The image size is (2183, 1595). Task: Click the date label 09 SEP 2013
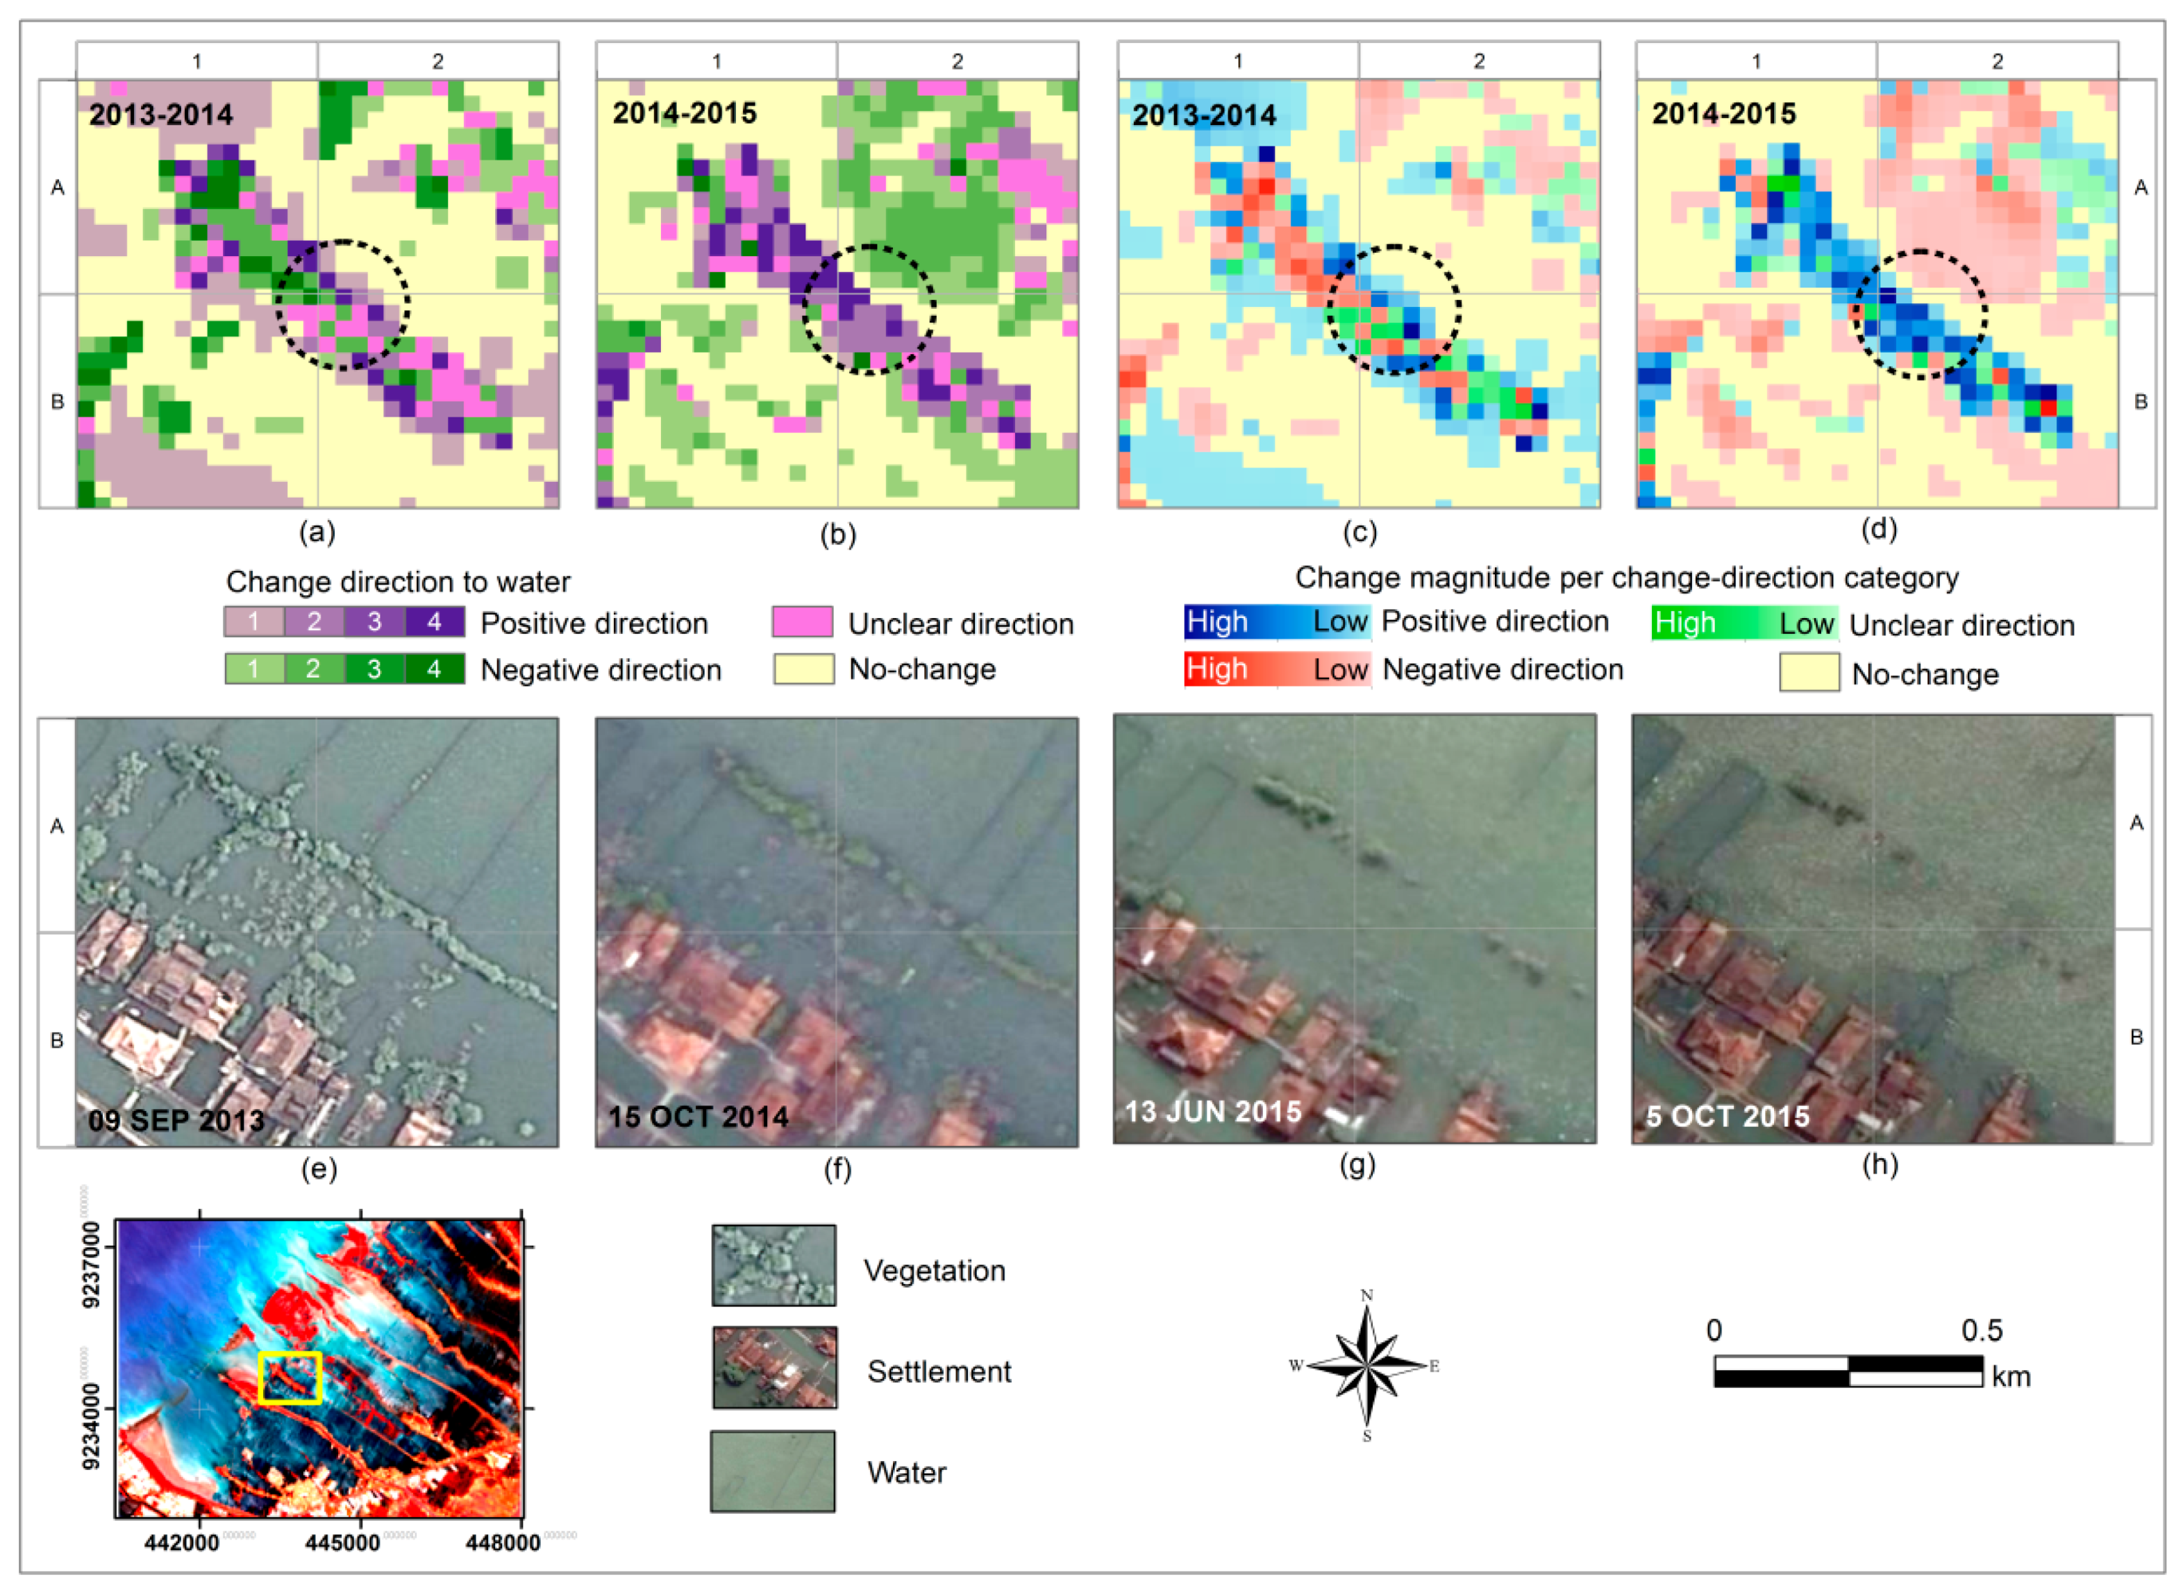pos(176,1120)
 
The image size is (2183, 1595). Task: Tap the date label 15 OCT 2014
pos(697,1117)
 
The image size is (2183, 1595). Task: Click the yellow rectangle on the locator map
pos(290,1377)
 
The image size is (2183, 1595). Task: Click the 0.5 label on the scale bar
pos(1981,1330)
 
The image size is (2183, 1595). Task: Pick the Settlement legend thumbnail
pos(774,1367)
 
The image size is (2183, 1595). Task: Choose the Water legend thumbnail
pos(772,1471)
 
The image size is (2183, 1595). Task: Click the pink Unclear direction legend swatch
pos(803,621)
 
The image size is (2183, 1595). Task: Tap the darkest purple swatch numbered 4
pos(435,621)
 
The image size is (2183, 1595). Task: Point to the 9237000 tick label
pos(91,1264)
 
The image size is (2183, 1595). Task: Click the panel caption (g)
pos(1357,1164)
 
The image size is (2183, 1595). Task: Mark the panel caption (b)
pos(837,534)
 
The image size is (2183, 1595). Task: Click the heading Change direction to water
pos(398,581)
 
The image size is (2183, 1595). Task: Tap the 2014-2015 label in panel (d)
pos(1723,114)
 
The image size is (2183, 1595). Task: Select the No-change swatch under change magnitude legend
pos(1809,673)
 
